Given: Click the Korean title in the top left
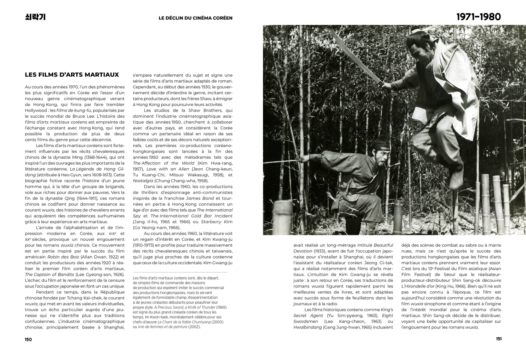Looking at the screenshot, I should click(x=35, y=17).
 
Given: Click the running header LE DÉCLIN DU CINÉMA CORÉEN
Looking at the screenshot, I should click(x=195, y=18).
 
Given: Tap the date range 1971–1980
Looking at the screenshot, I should click(x=478, y=17).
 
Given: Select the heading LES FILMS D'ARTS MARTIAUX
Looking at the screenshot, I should click(x=72, y=75).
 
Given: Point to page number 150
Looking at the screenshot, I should click(x=28, y=339).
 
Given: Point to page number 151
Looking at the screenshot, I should click(x=499, y=339).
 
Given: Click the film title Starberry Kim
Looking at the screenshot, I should click(x=217, y=222).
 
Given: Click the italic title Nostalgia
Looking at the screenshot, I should click(x=143, y=181).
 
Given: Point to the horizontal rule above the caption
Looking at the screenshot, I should click(x=180, y=272).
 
